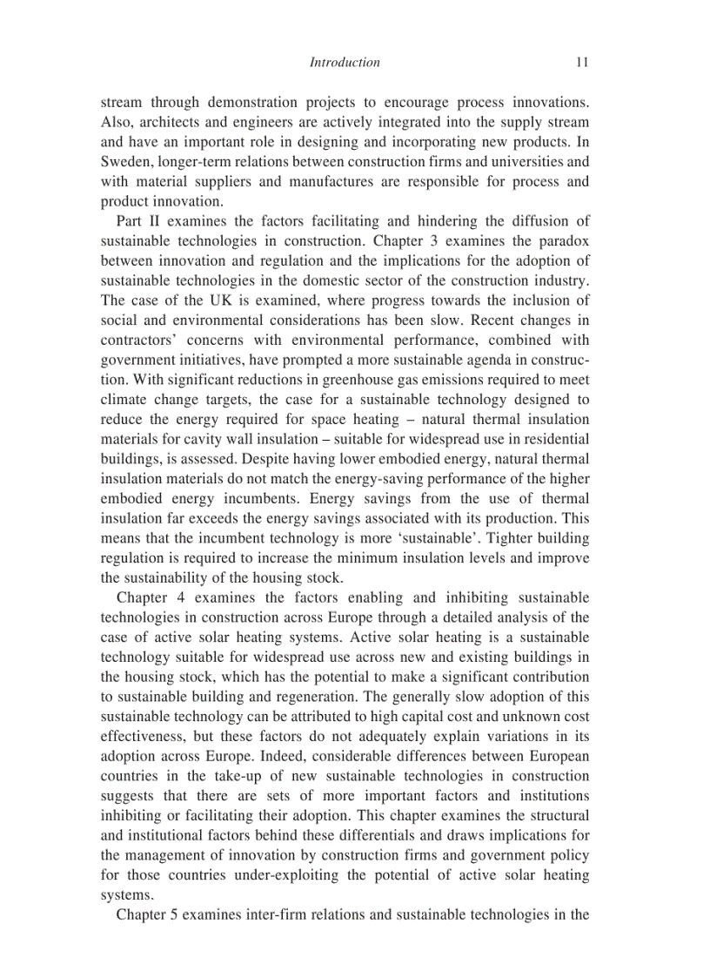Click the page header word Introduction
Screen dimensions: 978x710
coord(345,62)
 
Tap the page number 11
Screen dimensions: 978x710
coord(582,62)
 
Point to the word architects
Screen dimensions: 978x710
coord(166,122)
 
